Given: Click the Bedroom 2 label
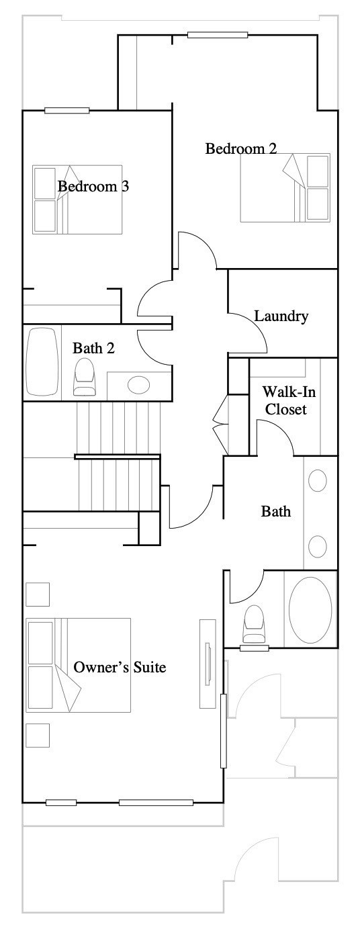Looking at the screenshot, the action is point(241,148).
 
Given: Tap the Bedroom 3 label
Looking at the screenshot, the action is point(93,186).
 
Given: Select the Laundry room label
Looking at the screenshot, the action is point(281,316).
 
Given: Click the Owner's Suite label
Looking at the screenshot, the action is point(120,667).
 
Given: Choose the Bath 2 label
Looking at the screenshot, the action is point(93,348).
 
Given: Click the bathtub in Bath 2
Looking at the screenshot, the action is point(42,362).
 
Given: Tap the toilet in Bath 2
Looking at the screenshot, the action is point(85,378).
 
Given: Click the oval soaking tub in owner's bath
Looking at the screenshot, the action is point(310,609).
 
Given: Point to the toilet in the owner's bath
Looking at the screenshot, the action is point(255,623).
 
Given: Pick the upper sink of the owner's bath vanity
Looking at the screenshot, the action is point(318,480).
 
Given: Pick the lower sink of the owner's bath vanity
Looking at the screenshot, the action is point(318,546).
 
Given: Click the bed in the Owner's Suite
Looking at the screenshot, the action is point(79,665).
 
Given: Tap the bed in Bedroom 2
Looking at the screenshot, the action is point(285,187).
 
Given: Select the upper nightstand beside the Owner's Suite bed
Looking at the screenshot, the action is point(38,594).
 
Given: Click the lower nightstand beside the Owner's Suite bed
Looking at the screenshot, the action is point(38,736).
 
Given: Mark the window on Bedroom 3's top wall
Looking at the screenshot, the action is point(67,111).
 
